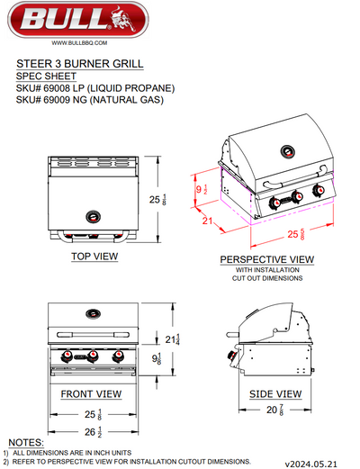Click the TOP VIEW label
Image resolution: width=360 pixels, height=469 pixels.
pos(94,256)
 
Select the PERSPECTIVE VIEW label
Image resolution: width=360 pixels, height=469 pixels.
pos(266,259)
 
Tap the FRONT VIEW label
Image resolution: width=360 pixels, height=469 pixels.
pos(91,394)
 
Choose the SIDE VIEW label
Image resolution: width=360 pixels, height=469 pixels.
pos(276,394)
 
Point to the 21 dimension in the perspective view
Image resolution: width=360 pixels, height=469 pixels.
pos(207,221)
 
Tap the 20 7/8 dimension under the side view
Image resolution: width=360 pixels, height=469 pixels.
pos(274,411)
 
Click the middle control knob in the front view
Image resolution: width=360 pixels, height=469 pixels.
pos(94,358)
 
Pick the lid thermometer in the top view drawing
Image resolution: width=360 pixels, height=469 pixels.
pos(93,216)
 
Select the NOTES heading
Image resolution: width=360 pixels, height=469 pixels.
pos(25,442)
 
